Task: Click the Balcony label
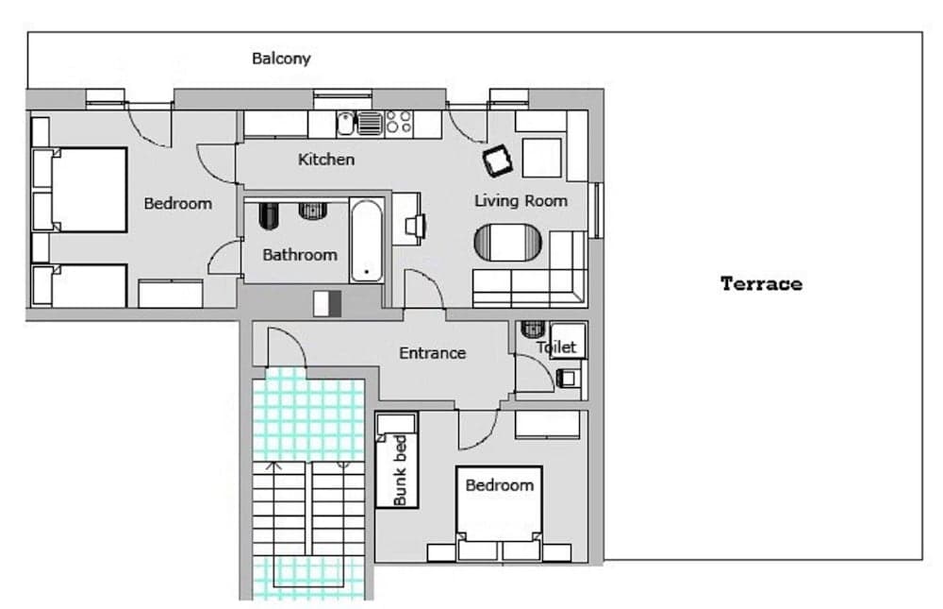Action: [281, 59]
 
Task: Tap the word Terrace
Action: [761, 283]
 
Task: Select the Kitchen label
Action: [326, 160]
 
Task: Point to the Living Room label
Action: [521, 200]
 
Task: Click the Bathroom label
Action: [299, 255]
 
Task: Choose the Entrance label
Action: [432, 353]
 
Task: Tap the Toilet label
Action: [555, 347]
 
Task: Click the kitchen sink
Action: [346, 122]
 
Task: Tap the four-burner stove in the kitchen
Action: [399, 122]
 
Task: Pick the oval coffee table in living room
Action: [509, 243]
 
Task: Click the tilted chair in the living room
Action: [498, 161]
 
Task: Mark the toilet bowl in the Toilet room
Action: [534, 330]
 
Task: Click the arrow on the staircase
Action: [274, 466]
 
